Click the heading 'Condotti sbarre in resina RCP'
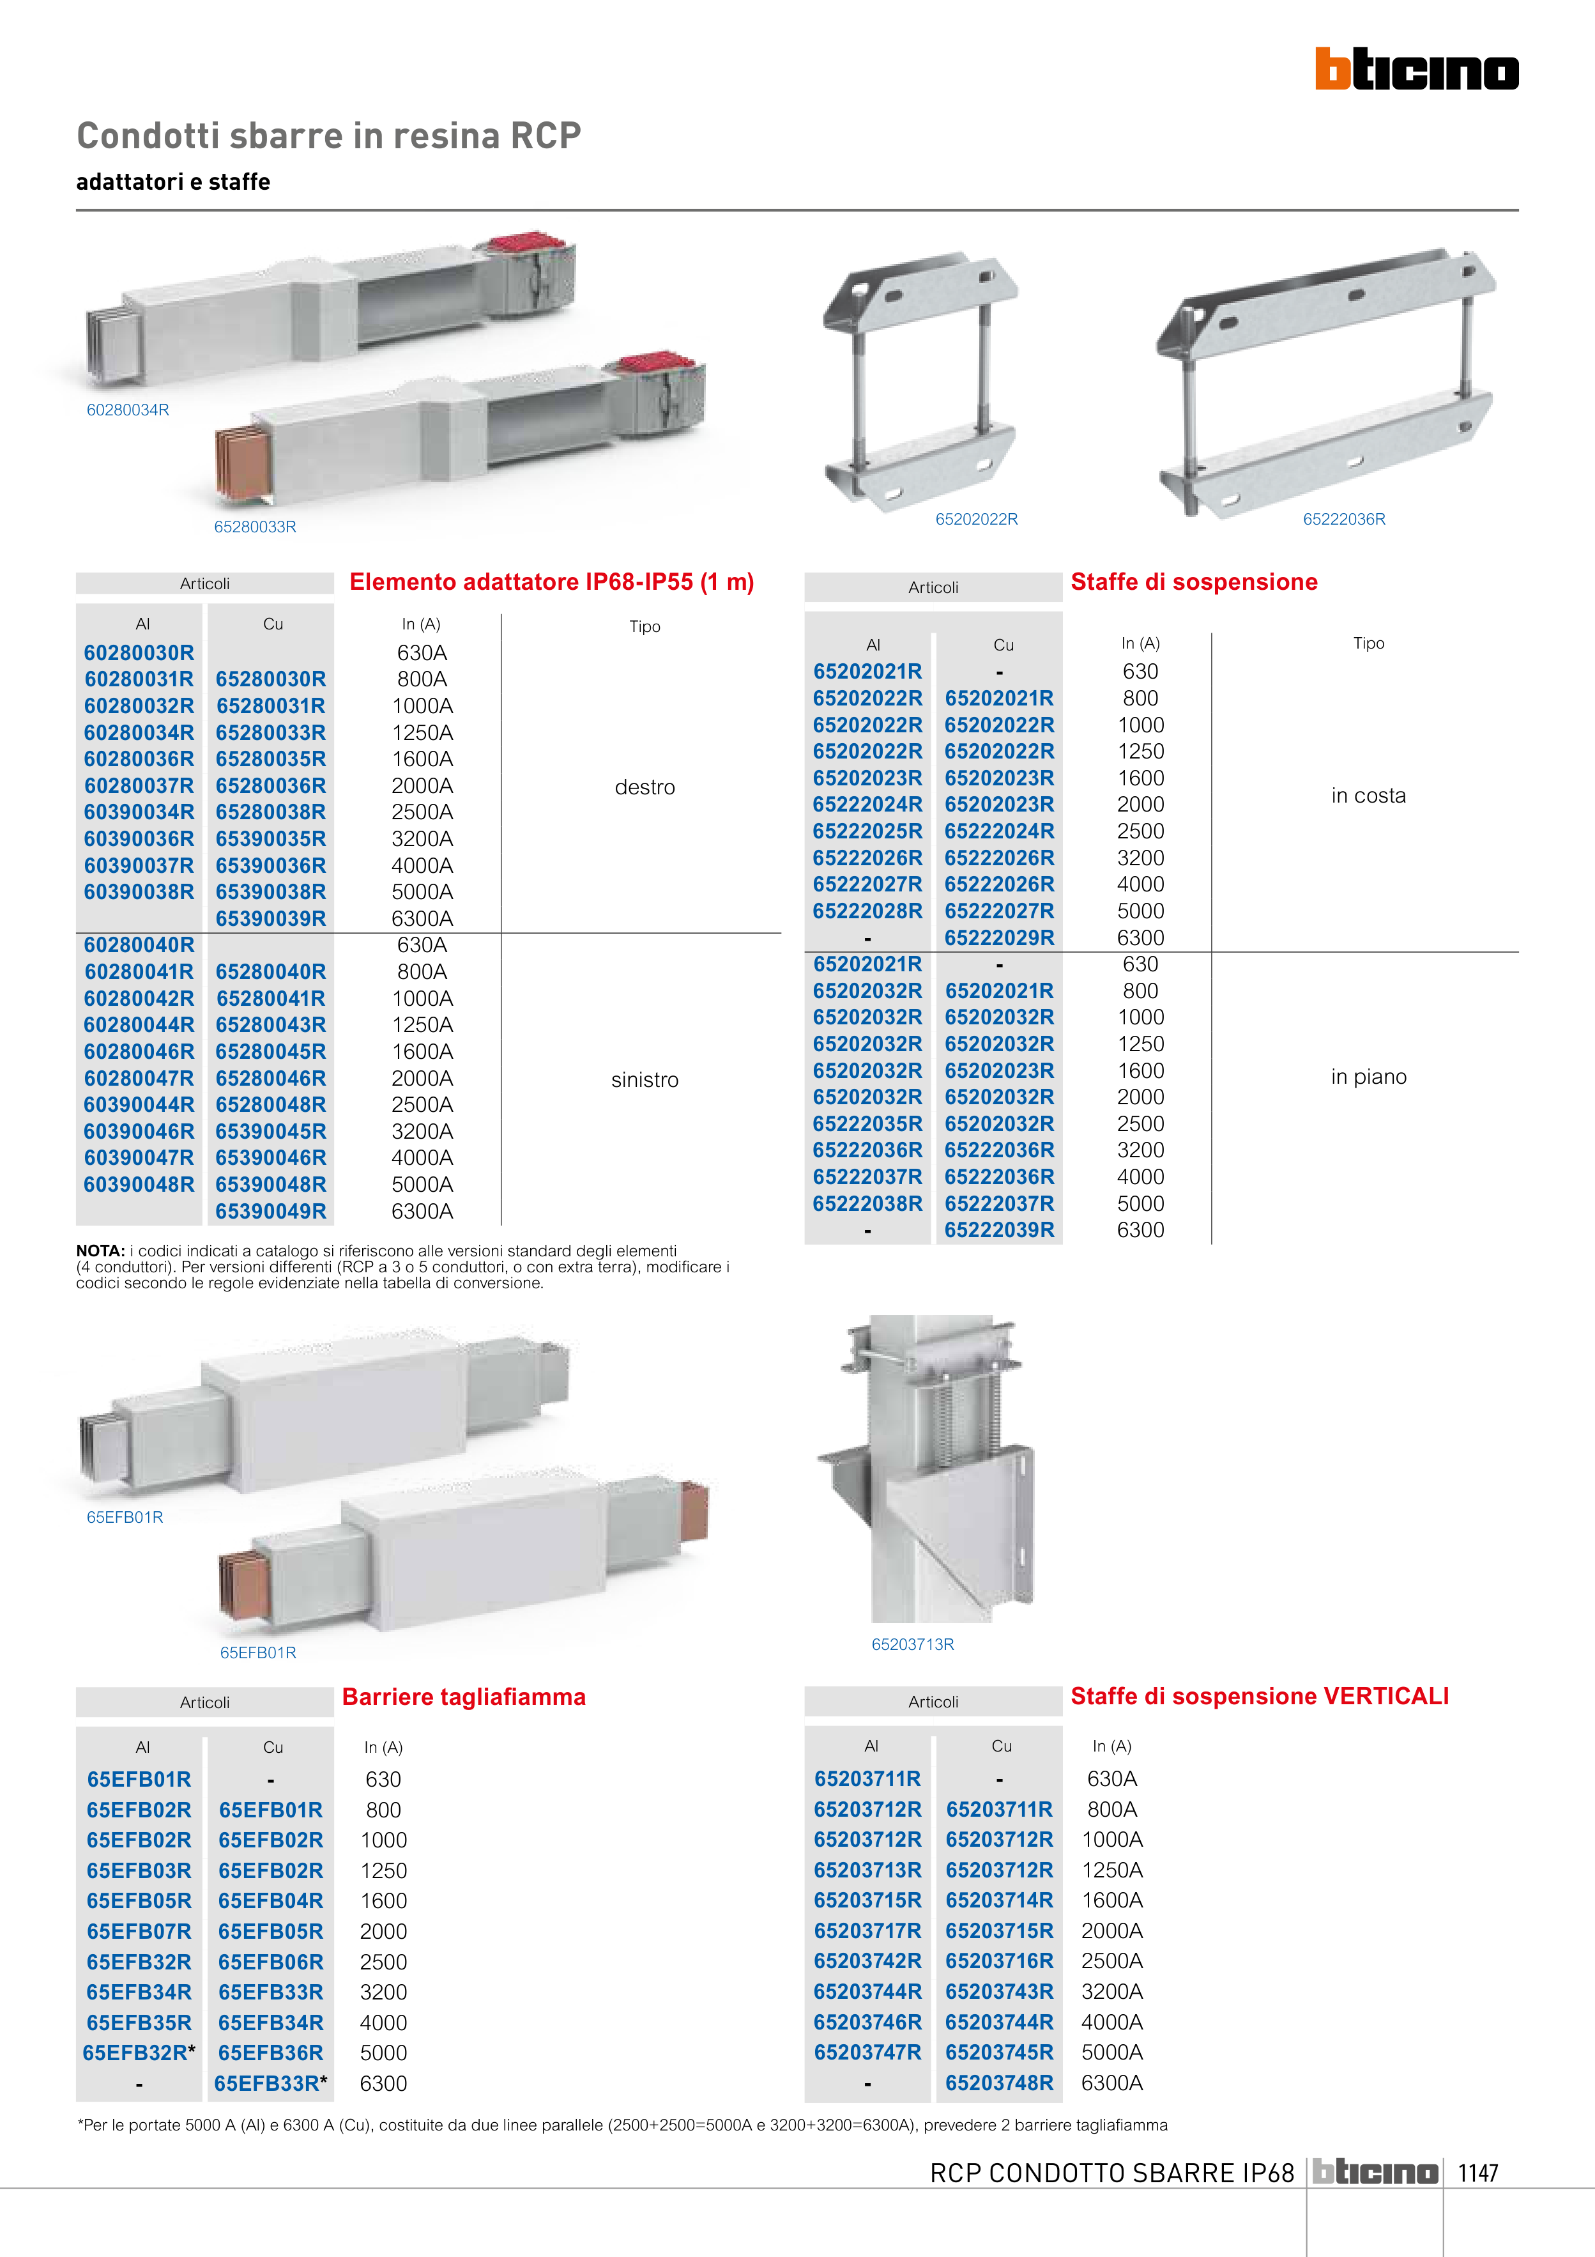(x=328, y=135)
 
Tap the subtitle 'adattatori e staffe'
(x=173, y=182)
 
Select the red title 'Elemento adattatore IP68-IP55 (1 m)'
(x=551, y=582)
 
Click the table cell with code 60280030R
(x=139, y=652)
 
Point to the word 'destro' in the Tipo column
(x=645, y=787)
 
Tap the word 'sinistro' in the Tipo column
(x=645, y=1079)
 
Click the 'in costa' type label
(x=1368, y=796)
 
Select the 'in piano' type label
(x=1368, y=1076)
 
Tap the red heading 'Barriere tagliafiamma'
(x=464, y=1697)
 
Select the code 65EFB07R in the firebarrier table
(x=139, y=1930)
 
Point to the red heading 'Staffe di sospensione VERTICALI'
(x=1259, y=1696)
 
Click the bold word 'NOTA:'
(x=100, y=1251)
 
